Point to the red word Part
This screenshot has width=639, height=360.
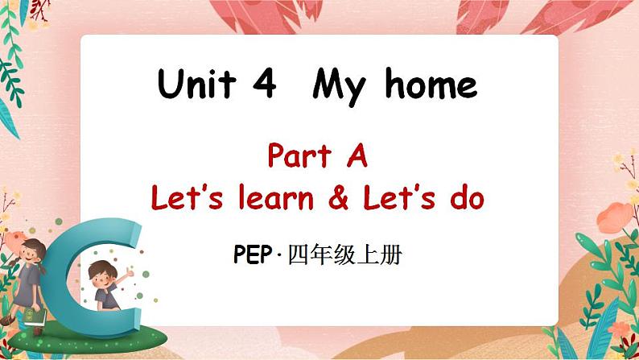coord(296,155)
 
